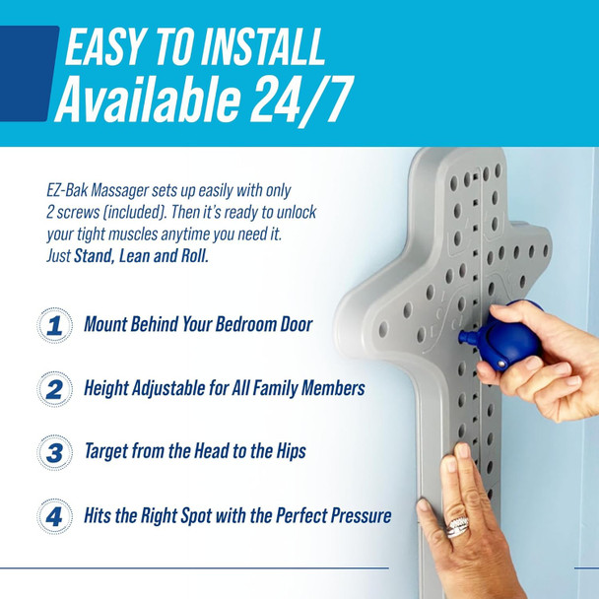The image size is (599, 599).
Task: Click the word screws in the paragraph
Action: coord(86,211)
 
